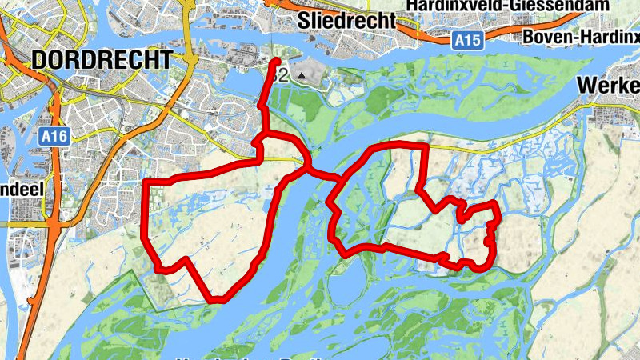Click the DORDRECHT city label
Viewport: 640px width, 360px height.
102,60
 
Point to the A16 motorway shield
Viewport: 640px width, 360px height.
54,138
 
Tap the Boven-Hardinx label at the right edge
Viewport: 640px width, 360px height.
580,37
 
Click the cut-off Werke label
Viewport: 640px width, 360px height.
608,85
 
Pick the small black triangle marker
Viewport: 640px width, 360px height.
302,76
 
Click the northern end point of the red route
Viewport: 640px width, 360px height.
277,62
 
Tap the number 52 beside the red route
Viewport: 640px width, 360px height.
279,77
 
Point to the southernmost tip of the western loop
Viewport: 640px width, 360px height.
216,300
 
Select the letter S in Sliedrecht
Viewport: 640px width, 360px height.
304,20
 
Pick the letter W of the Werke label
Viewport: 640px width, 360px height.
586,85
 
